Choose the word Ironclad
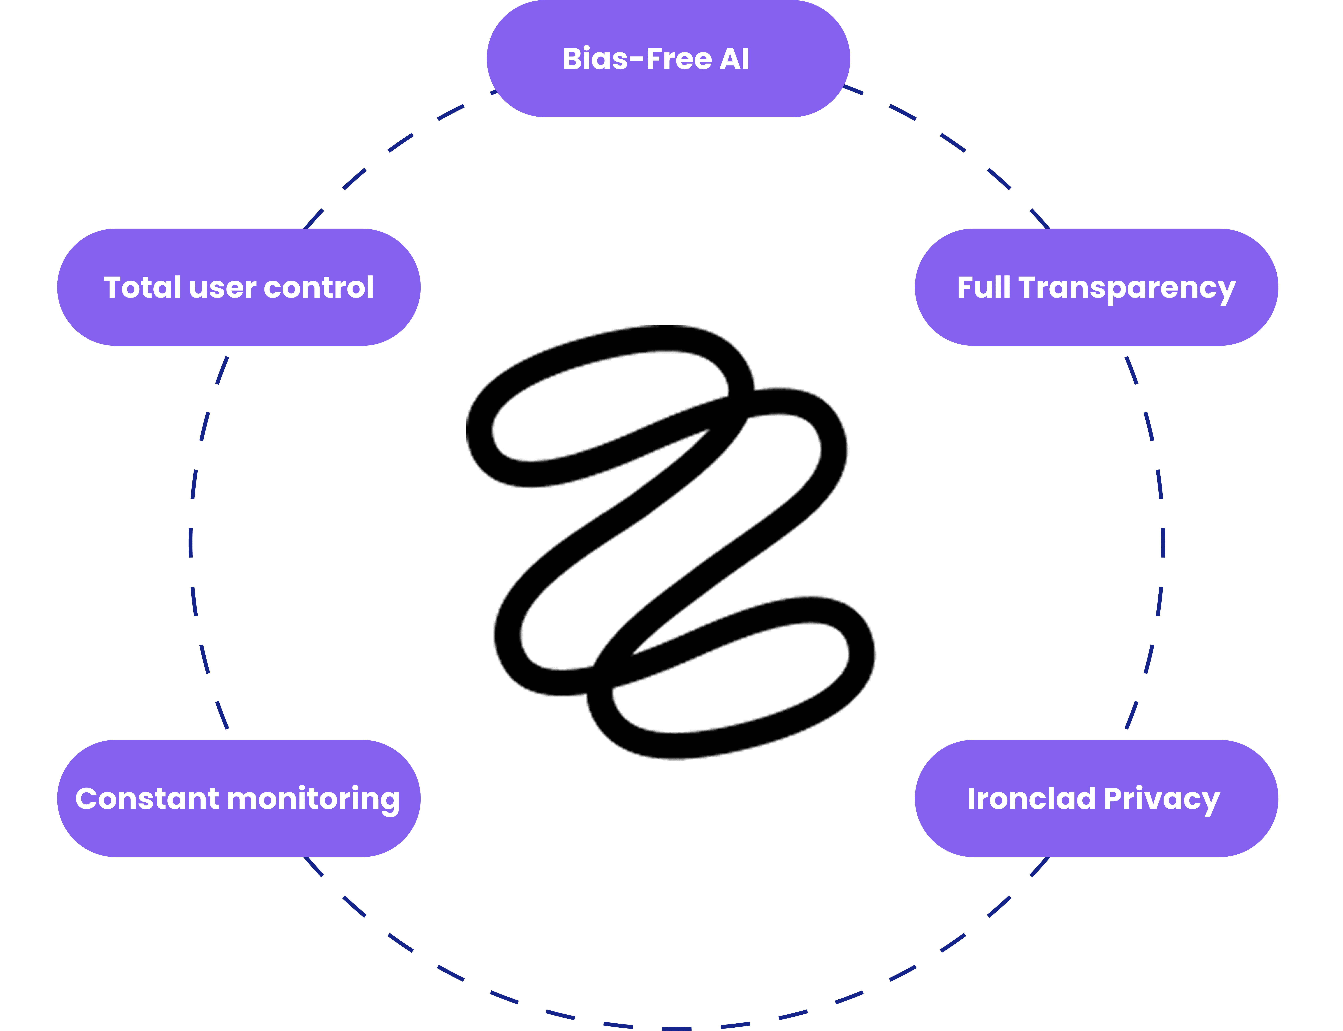(x=1031, y=798)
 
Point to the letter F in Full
(x=966, y=287)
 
